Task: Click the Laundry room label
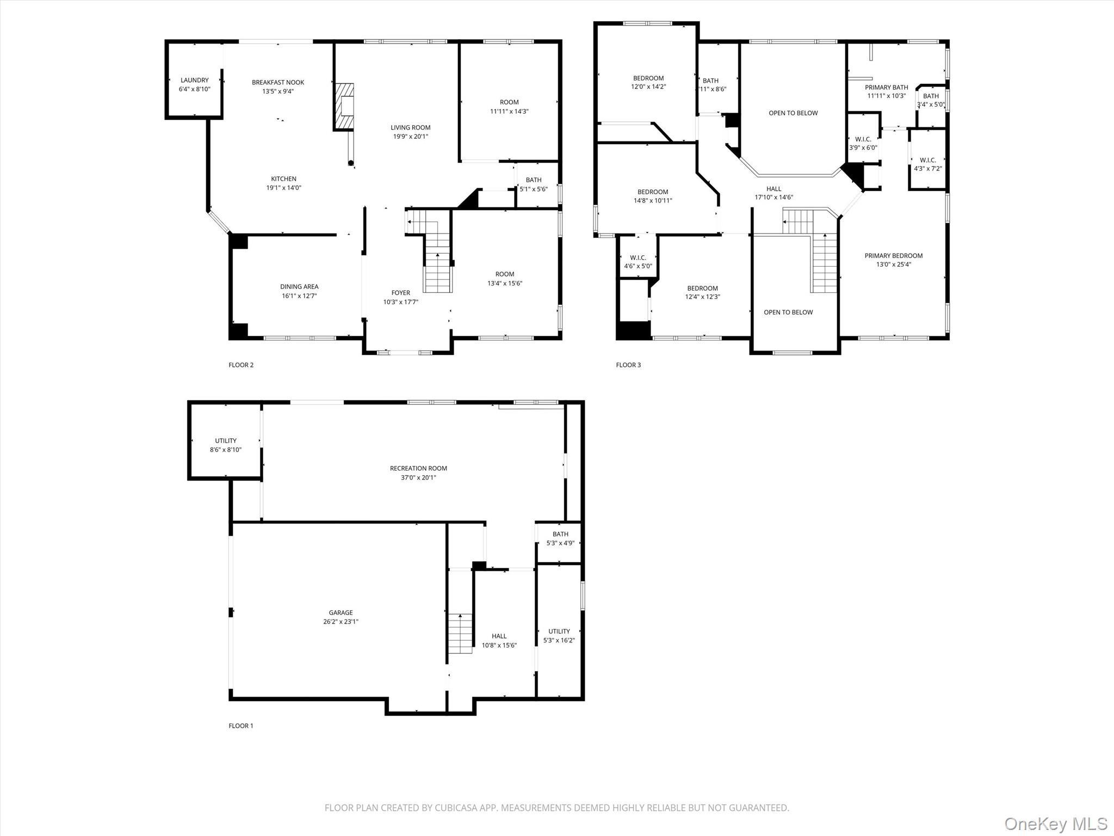(x=194, y=81)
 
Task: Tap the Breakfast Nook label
(x=278, y=83)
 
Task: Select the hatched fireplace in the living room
(x=344, y=107)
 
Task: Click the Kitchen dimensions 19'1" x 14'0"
(x=283, y=188)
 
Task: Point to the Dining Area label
(x=299, y=287)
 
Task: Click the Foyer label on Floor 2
(x=400, y=293)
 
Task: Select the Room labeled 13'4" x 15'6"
(x=505, y=279)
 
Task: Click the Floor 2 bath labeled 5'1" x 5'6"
(x=534, y=185)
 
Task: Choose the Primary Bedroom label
(x=894, y=256)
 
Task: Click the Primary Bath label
(x=887, y=87)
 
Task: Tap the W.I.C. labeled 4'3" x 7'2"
(x=928, y=164)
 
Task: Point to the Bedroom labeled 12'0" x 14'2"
(x=648, y=82)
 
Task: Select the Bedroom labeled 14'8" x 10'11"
(x=653, y=196)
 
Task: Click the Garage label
(x=341, y=612)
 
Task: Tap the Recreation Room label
(x=418, y=468)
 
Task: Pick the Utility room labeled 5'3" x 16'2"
(x=559, y=636)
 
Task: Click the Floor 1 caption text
(x=241, y=726)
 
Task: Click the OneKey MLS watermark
(x=1055, y=823)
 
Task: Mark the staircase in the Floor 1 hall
(x=460, y=634)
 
